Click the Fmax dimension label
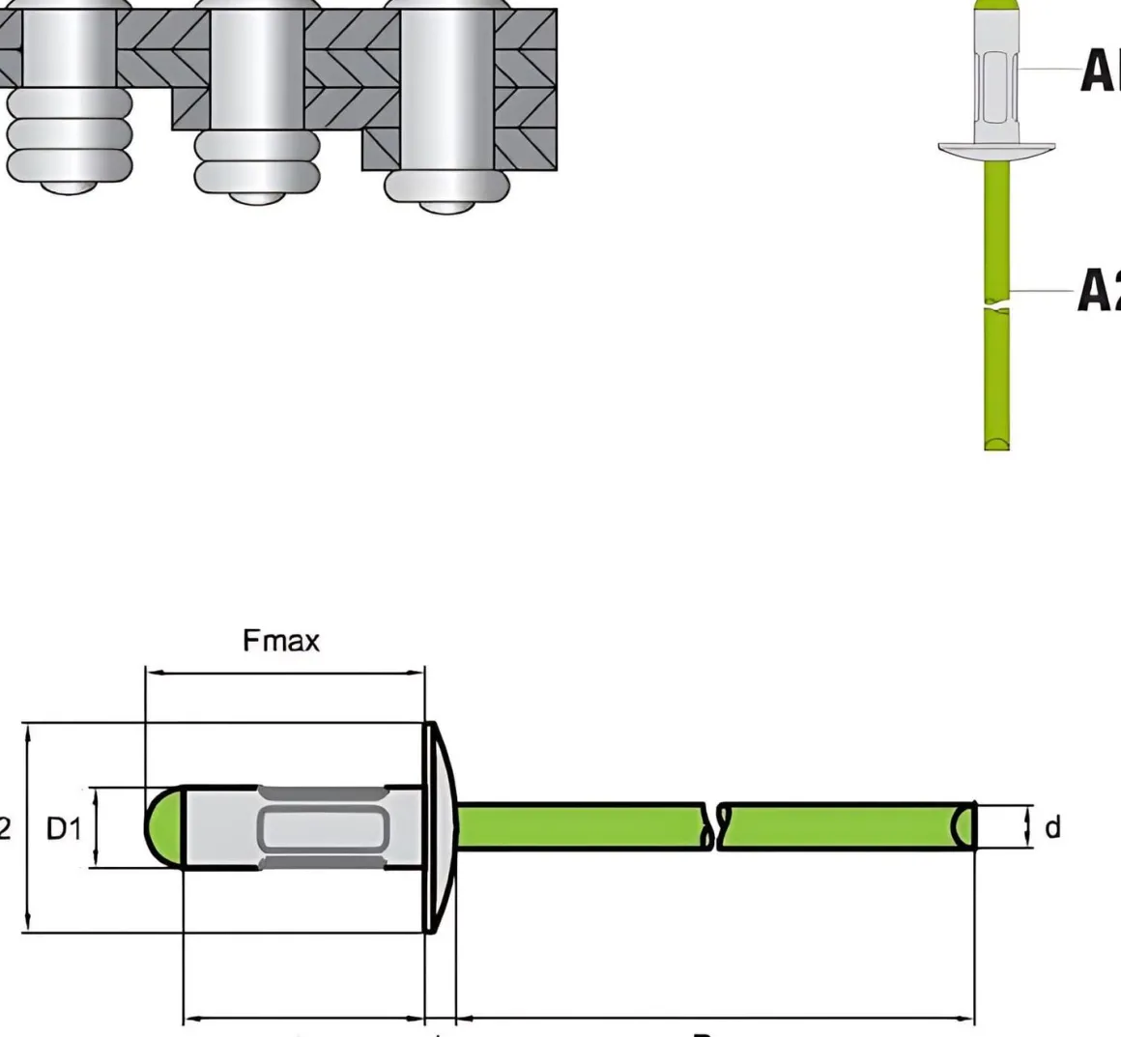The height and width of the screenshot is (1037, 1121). point(280,640)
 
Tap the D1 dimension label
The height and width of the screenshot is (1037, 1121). point(65,828)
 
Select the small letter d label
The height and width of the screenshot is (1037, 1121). point(1052,827)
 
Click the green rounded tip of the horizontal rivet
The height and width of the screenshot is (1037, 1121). point(163,827)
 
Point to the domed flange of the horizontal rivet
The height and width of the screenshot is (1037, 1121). point(440,827)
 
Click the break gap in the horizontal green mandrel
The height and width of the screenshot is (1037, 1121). point(717,827)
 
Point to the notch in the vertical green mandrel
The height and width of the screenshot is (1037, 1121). point(996,306)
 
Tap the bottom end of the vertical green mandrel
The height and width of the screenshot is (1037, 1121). point(997,443)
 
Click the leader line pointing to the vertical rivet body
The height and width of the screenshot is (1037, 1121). point(1048,68)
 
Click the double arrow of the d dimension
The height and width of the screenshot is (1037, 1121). point(1027,827)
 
